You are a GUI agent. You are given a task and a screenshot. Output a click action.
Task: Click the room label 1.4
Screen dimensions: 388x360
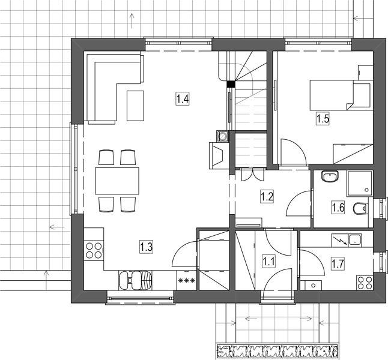tap(183, 98)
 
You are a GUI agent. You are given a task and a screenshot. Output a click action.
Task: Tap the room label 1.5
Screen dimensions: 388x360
tap(323, 119)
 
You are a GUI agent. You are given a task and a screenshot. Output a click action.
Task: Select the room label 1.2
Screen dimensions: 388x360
tap(267, 197)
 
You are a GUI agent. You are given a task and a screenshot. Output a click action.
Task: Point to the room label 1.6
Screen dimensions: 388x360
tap(338, 207)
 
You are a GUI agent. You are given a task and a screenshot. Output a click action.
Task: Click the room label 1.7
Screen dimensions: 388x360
tap(338, 264)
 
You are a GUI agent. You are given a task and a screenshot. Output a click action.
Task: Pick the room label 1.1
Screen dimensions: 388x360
tap(268, 262)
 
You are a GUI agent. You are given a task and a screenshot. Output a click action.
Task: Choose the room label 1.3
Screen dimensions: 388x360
tap(146, 247)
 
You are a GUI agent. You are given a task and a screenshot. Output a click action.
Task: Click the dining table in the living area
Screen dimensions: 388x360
tap(117, 181)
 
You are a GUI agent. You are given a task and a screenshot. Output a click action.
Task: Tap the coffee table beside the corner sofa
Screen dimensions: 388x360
tap(135, 106)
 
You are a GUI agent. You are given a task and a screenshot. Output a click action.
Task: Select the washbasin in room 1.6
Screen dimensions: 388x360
tap(330, 176)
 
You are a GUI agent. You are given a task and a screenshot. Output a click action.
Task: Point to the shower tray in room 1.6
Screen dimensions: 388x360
tap(360, 184)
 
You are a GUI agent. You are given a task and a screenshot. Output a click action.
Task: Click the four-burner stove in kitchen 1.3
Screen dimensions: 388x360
tap(94, 250)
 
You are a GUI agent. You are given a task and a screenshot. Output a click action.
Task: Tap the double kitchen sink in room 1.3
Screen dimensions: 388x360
tap(135, 280)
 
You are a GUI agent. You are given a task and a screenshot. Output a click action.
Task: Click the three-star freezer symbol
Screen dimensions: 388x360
tap(187, 281)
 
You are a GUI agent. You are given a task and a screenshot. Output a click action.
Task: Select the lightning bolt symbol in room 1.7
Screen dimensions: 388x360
tap(340, 241)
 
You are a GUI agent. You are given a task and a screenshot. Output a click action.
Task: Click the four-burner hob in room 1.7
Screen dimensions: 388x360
tap(365, 283)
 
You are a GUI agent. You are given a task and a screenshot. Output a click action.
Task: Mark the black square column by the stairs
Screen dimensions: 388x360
tap(231, 84)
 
